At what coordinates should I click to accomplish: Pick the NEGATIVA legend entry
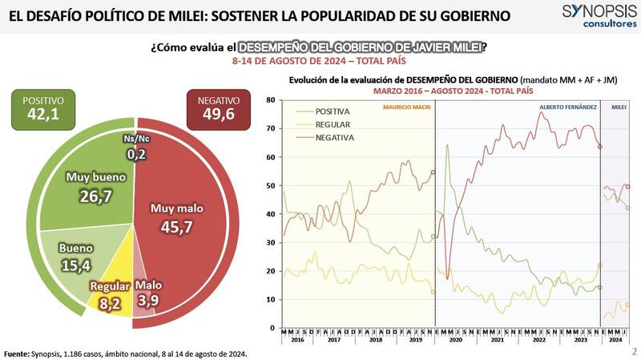click(332, 138)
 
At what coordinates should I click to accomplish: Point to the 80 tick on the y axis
click(271, 100)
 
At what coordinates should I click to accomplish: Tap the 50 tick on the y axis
click(271, 186)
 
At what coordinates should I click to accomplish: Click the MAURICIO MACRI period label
click(408, 107)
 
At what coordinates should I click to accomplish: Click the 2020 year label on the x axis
click(455, 341)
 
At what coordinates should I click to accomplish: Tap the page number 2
click(633, 351)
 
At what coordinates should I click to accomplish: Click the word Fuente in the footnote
click(16, 353)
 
